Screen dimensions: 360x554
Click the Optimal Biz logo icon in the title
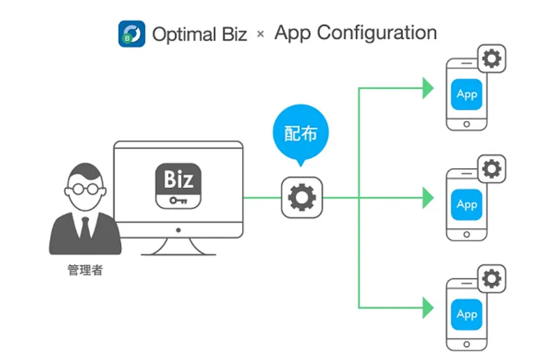[x=132, y=34]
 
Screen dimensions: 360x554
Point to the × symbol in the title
[x=261, y=34]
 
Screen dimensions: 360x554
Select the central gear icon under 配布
[x=302, y=196]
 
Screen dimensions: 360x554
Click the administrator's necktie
[x=85, y=226]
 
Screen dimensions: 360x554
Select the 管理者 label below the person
[x=85, y=270]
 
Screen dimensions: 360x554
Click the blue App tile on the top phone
[x=467, y=94]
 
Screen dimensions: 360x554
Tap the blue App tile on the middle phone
[x=467, y=204]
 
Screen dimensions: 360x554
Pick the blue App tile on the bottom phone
[x=467, y=314]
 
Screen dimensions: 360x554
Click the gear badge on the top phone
[x=491, y=59]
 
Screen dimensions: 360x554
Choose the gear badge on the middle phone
[x=491, y=169]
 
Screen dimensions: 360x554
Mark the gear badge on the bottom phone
[x=491, y=278]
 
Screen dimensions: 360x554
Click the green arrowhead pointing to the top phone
[x=428, y=87]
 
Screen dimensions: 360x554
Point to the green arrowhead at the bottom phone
[x=428, y=307]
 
